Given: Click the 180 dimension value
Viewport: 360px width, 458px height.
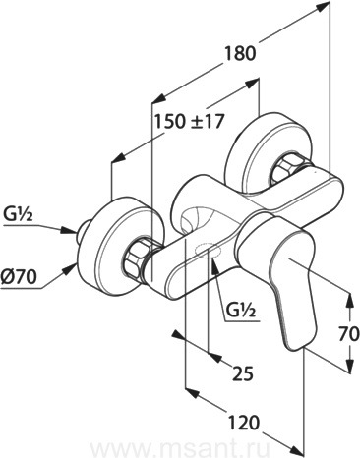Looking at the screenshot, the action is pos(240,53).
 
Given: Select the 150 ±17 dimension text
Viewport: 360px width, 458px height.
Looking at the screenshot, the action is pos(189,122).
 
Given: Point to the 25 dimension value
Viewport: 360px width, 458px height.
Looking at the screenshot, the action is pos(243,373).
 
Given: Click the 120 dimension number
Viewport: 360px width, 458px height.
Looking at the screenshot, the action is pos(244,423).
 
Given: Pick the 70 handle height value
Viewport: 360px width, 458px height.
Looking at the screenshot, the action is pos(348,335).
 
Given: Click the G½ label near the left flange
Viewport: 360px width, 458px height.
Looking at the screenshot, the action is pos(19,215).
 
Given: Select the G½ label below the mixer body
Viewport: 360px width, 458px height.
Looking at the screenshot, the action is pos(240,310).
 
